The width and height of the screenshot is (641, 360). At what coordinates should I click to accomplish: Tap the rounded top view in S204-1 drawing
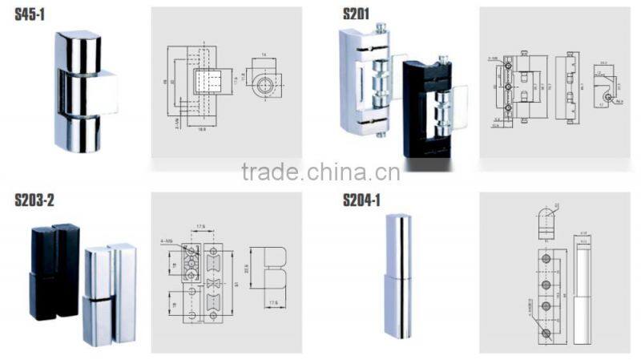[545, 219]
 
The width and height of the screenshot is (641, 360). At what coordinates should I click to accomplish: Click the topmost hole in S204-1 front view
[545, 261]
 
